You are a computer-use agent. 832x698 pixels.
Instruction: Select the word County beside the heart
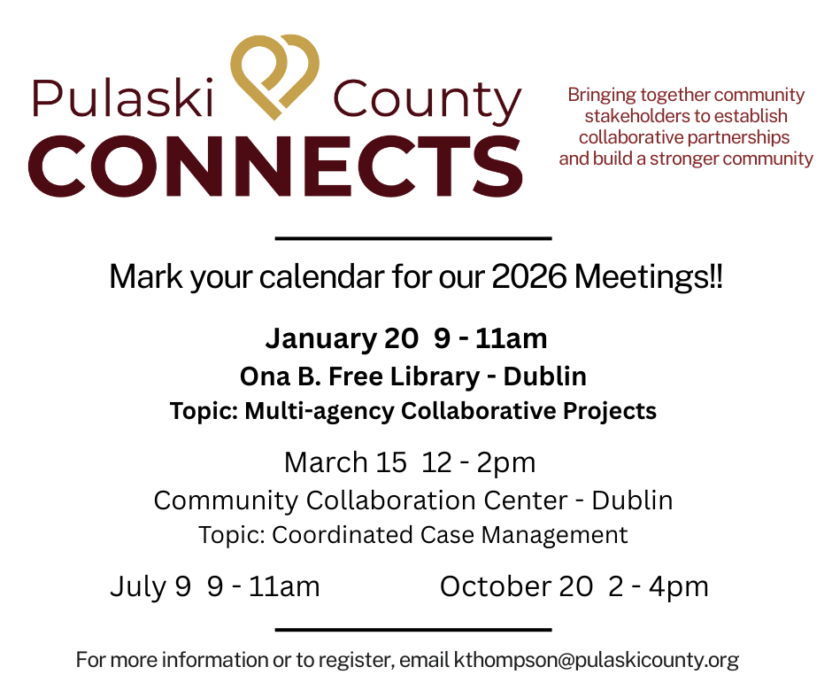[x=428, y=102]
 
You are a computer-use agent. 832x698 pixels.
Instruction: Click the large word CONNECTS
[x=276, y=166]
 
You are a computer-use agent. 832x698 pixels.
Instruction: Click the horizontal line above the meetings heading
[x=413, y=238]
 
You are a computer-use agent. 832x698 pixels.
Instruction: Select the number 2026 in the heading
[x=529, y=276]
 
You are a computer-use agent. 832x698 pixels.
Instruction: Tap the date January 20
[x=342, y=338]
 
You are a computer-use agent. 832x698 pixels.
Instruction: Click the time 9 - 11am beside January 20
[x=490, y=338]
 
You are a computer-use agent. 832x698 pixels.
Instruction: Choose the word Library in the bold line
[x=435, y=376]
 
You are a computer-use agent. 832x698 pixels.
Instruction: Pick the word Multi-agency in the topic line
[x=320, y=411]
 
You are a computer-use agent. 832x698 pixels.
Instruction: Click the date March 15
[x=345, y=462]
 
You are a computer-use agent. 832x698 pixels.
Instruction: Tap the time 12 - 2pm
[x=479, y=462]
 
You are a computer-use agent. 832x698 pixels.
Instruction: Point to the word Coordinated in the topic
[x=343, y=535]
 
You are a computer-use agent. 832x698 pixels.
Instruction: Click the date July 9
[x=150, y=586]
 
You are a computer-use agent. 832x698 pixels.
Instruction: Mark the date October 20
[x=516, y=586]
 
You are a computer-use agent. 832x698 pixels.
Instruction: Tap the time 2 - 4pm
[x=659, y=587]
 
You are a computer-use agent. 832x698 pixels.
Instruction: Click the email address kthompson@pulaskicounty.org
[x=597, y=660]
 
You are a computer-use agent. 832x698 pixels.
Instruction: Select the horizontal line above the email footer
[x=413, y=630]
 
